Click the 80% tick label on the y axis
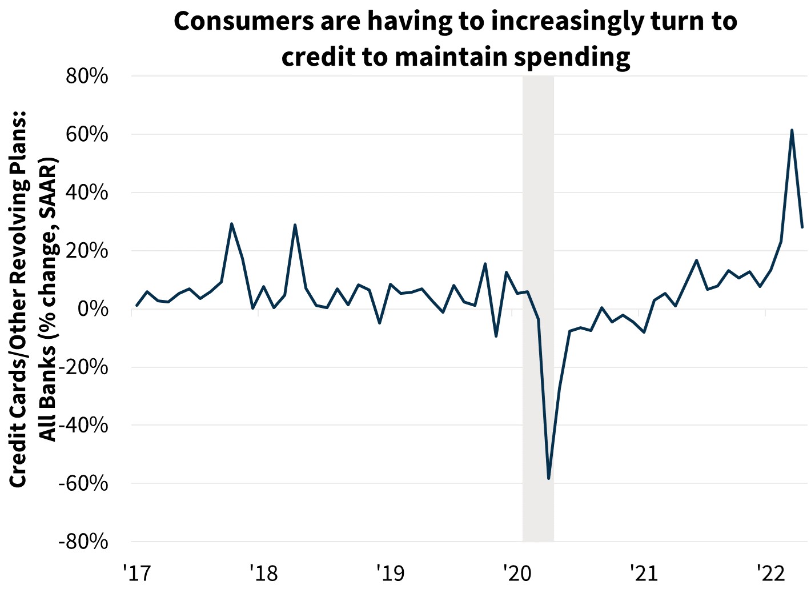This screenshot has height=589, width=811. (87, 76)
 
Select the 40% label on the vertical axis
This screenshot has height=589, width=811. (87, 193)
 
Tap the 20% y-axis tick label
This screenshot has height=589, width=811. (87, 251)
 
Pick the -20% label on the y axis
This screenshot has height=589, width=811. (83, 367)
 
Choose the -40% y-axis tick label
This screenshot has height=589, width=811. (83, 426)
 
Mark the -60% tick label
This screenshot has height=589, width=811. (83, 483)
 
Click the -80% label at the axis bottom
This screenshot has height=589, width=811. (83, 542)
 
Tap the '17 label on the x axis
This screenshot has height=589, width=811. (135, 571)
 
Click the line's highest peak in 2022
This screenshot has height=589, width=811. (792, 130)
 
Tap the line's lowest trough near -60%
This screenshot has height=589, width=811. (548, 478)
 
